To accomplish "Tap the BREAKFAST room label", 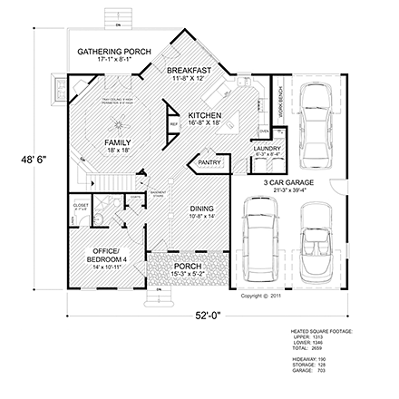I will [190, 70].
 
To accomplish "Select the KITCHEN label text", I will [204, 116].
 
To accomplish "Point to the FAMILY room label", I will [117, 143].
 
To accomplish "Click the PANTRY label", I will [208, 163].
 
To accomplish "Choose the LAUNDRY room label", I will [266, 148].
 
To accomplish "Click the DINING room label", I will [201, 209].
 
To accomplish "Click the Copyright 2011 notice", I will [260, 294].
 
